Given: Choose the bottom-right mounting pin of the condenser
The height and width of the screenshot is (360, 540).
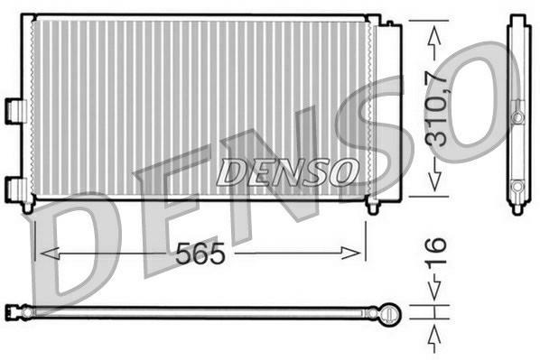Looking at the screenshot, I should click(372, 208).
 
